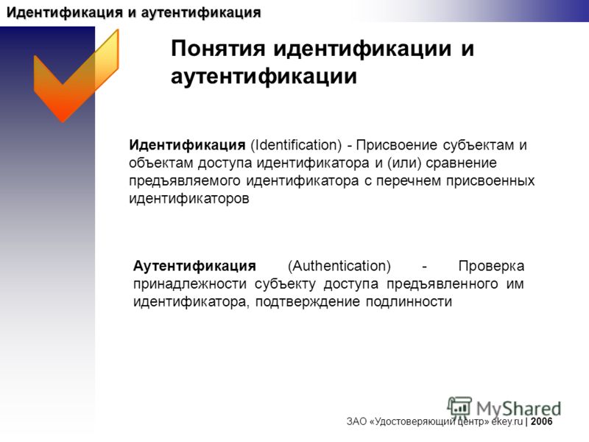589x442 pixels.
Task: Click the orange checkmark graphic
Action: (x=75, y=81)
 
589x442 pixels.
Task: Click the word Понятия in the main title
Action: (x=218, y=49)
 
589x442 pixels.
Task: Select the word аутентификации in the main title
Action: (x=264, y=77)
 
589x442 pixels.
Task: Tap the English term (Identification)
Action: (x=296, y=145)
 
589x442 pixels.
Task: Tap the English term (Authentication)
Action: (x=339, y=266)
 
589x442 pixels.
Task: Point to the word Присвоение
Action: (x=396, y=145)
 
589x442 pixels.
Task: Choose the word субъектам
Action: (x=478, y=145)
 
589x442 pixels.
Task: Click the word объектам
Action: (x=161, y=163)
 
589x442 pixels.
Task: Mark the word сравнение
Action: (x=462, y=164)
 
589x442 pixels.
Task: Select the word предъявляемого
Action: (x=185, y=181)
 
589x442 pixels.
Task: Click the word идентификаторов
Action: (x=189, y=198)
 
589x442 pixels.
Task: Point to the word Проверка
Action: (x=491, y=267)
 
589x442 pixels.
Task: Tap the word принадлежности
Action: (x=190, y=284)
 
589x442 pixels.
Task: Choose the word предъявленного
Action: (x=442, y=284)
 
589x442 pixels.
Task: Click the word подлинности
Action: (x=409, y=302)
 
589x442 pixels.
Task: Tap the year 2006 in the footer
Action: (x=541, y=421)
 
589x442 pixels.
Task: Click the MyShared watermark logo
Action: (x=504, y=408)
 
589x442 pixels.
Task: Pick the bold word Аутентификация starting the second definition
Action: (x=194, y=266)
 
